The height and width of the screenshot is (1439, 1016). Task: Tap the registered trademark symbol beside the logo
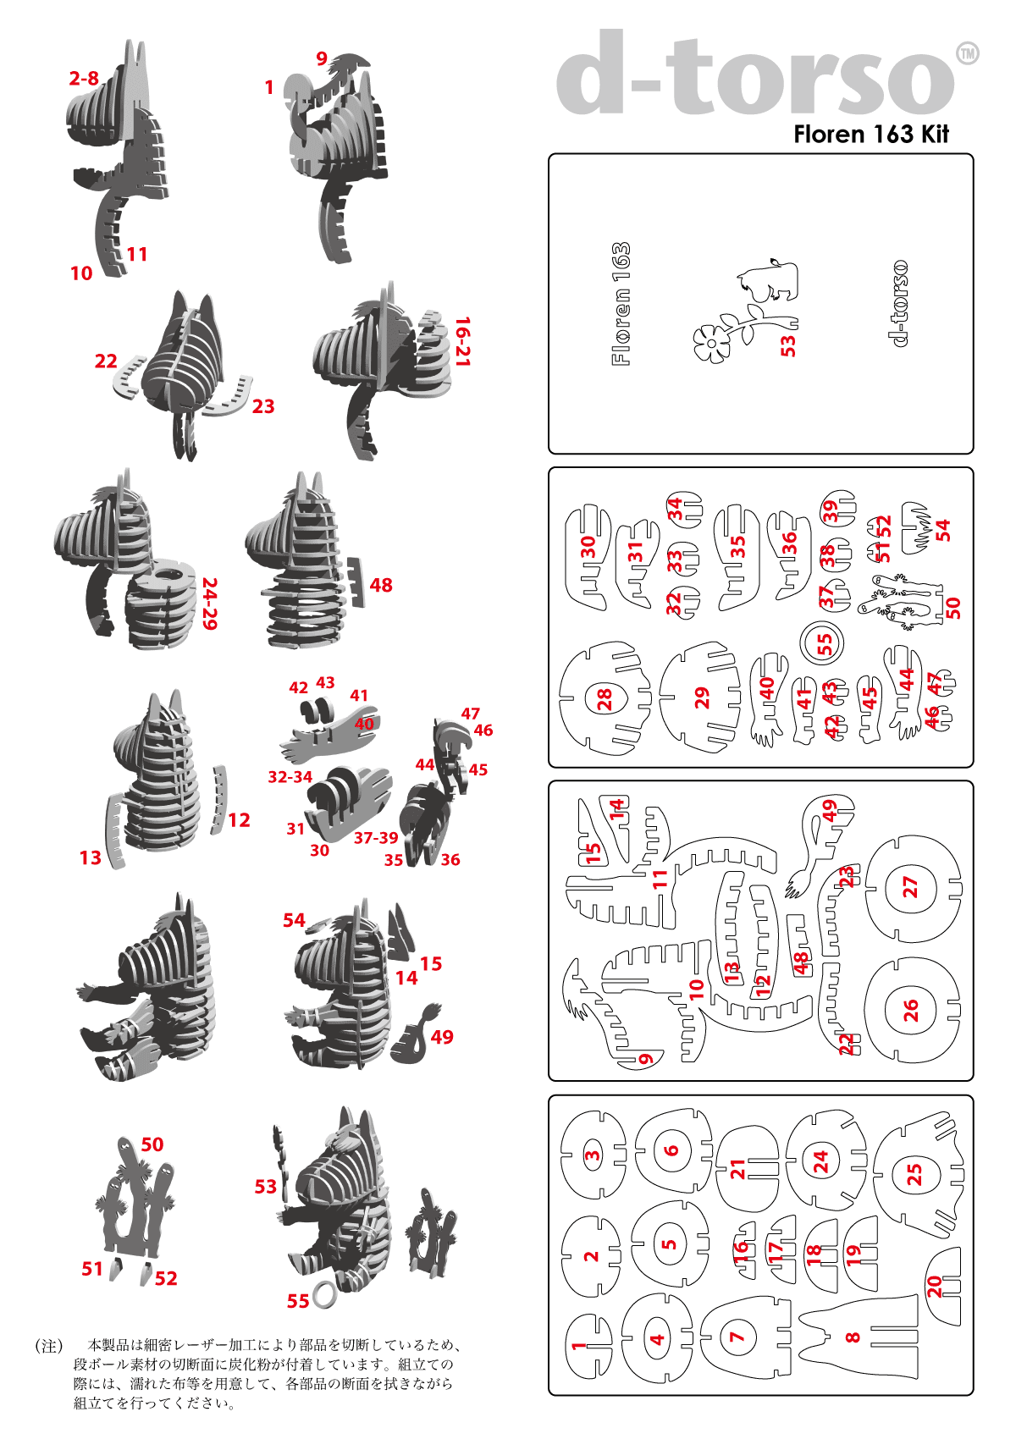click(967, 54)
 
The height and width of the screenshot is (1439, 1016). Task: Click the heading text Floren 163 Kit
click(870, 135)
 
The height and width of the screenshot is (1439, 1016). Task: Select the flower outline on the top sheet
click(713, 342)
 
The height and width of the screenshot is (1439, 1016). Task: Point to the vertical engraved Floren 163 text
click(621, 304)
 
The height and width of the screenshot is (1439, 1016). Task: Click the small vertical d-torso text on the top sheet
click(899, 303)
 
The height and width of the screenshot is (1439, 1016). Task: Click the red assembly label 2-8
click(84, 79)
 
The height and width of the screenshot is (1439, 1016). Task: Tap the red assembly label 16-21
click(462, 341)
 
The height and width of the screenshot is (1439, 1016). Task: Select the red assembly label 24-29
click(210, 604)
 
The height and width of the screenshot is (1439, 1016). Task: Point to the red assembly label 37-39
click(376, 838)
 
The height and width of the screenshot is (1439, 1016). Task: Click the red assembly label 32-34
click(290, 777)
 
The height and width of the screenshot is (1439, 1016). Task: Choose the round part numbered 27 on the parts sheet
click(911, 887)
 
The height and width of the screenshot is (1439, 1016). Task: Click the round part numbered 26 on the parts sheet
click(911, 1010)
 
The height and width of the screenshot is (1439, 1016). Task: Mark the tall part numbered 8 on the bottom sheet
click(857, 1337)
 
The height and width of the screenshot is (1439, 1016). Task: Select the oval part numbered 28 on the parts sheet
click(605, 698)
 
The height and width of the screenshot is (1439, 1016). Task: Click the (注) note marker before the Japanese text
click(48, 1346)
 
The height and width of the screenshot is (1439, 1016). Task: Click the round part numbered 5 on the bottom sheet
click(670, 1244)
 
